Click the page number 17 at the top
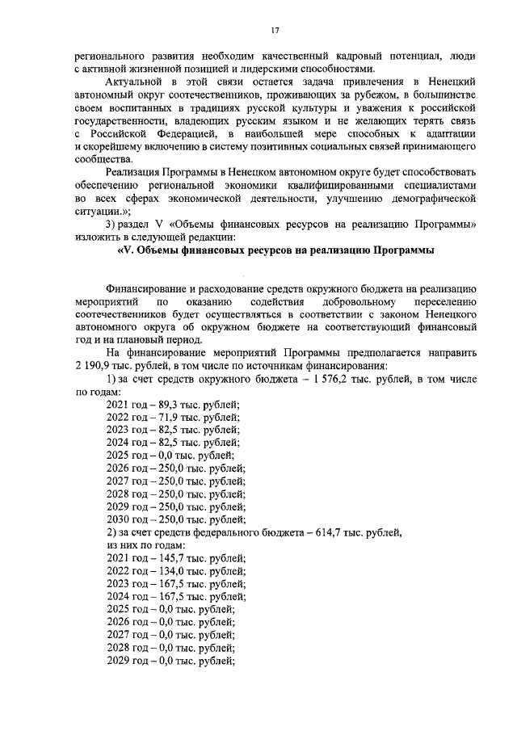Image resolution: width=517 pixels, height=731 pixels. (275, 30)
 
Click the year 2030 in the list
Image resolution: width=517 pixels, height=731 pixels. (117, 519)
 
